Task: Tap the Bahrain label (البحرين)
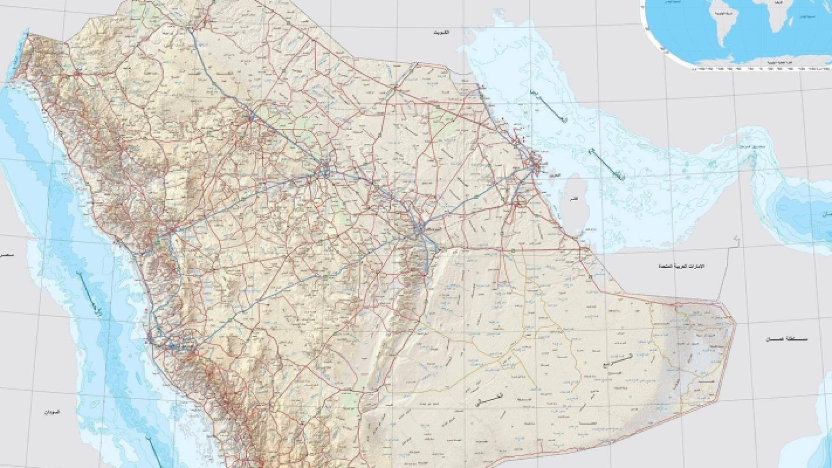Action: pos(553,175)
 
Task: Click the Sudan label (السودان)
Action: pos(51,412)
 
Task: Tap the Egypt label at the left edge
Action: pos(5,255)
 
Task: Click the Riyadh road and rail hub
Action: pos(419,228)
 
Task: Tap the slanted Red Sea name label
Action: pos(91,295)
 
